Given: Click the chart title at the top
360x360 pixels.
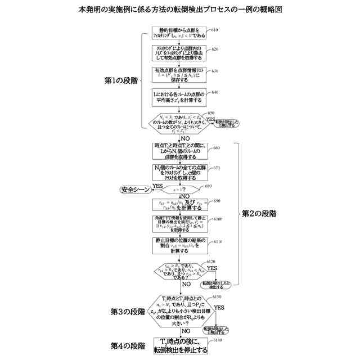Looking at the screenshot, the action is click(x=180, y=10).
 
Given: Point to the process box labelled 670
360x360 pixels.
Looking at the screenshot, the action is click(x=179, y=172).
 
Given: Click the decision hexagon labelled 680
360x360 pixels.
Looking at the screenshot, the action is click(x=179, y=190).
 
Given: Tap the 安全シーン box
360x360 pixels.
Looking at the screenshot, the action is click(x=135, y=190).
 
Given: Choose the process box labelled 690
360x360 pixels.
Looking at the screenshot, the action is click(x=179, y=205).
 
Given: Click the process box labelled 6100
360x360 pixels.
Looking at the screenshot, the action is click(x=179, y=225).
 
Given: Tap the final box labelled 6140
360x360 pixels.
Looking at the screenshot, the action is click(x=179, y=345).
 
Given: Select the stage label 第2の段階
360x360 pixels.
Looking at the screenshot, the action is click(x=259, y=214).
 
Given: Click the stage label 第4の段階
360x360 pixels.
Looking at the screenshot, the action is click(x=127, y=345).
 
